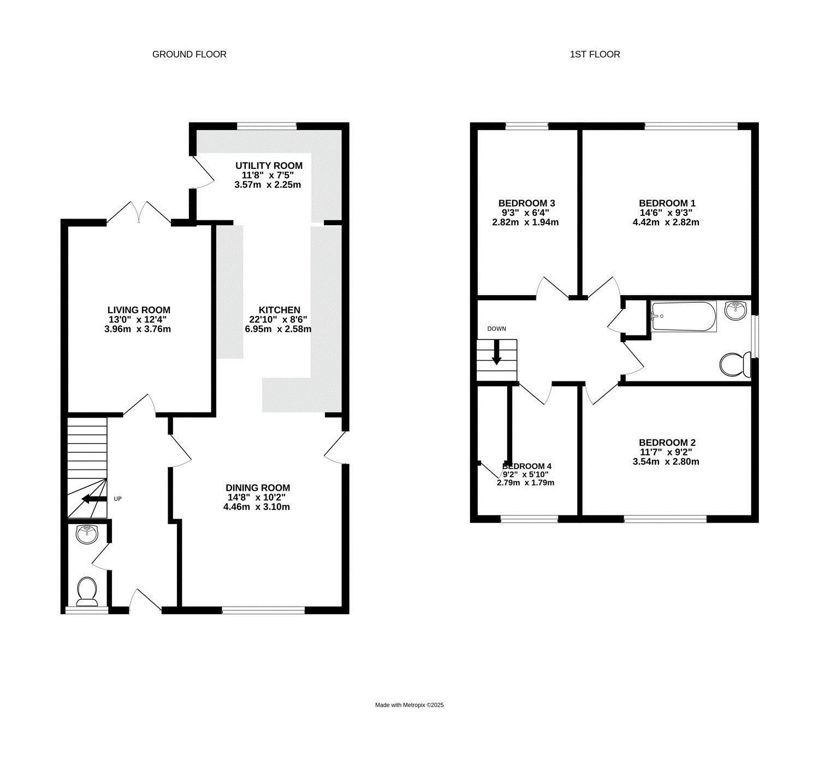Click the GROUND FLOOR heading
pyautogui.click(x=189, y=54)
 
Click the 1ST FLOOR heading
pyautogui.click(x=595, y=54)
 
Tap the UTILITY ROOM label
pyautogui.click(x=269, y=166)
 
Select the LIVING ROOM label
pyautogui.click(x=139, y=310)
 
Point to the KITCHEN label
pyautogui.click(x=279, y=310)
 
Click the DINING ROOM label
pyautogui.click(x=258, y=488)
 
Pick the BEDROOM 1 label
pyautogui.click(x=667, y=203)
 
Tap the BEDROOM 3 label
pyautogui.click(x=526, y=203)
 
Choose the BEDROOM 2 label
pyautogui.click(x=667, y=442)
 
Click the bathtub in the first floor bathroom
pyautogui.click(x=684, y=316)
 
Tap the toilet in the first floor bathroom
pyautogui.click(x=735, y=365)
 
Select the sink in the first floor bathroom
pyautogui.click(x=736, y=310)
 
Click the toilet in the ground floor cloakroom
pyautogui.click(x=87, y=591)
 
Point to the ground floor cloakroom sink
pyautogui.click(x=87, y=535)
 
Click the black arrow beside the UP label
pyautogui.click(x=94, y=498)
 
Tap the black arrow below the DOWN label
pyautogui.click(x=496, y=353)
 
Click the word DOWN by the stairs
pyautogui.click(x=496, y=328)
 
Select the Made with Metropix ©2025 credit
pyautogui.click(x=409, y=705)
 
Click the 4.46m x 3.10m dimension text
pyautogui.click(x=256, y=507)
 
